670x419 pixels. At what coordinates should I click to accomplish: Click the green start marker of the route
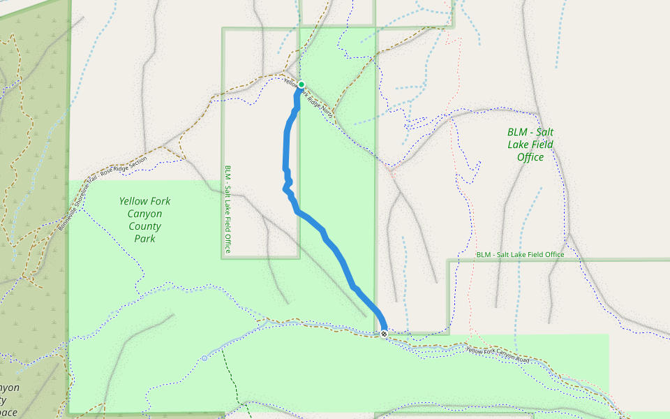pos(301,85)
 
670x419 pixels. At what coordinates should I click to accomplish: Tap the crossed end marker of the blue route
pos(384,335)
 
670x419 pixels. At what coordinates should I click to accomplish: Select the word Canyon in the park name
pos(144,214)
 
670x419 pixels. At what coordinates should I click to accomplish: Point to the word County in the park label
pos(144,226)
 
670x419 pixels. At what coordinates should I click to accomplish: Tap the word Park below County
pos(144,239)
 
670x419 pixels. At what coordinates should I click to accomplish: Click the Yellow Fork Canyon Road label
pos(498,355)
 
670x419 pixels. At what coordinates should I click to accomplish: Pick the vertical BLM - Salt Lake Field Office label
pos(228,209)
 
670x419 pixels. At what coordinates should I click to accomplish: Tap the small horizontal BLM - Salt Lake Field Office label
pos(520,255)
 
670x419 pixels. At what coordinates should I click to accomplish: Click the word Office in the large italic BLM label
pos(530,158)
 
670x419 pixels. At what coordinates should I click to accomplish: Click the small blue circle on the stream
pos(204,358)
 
